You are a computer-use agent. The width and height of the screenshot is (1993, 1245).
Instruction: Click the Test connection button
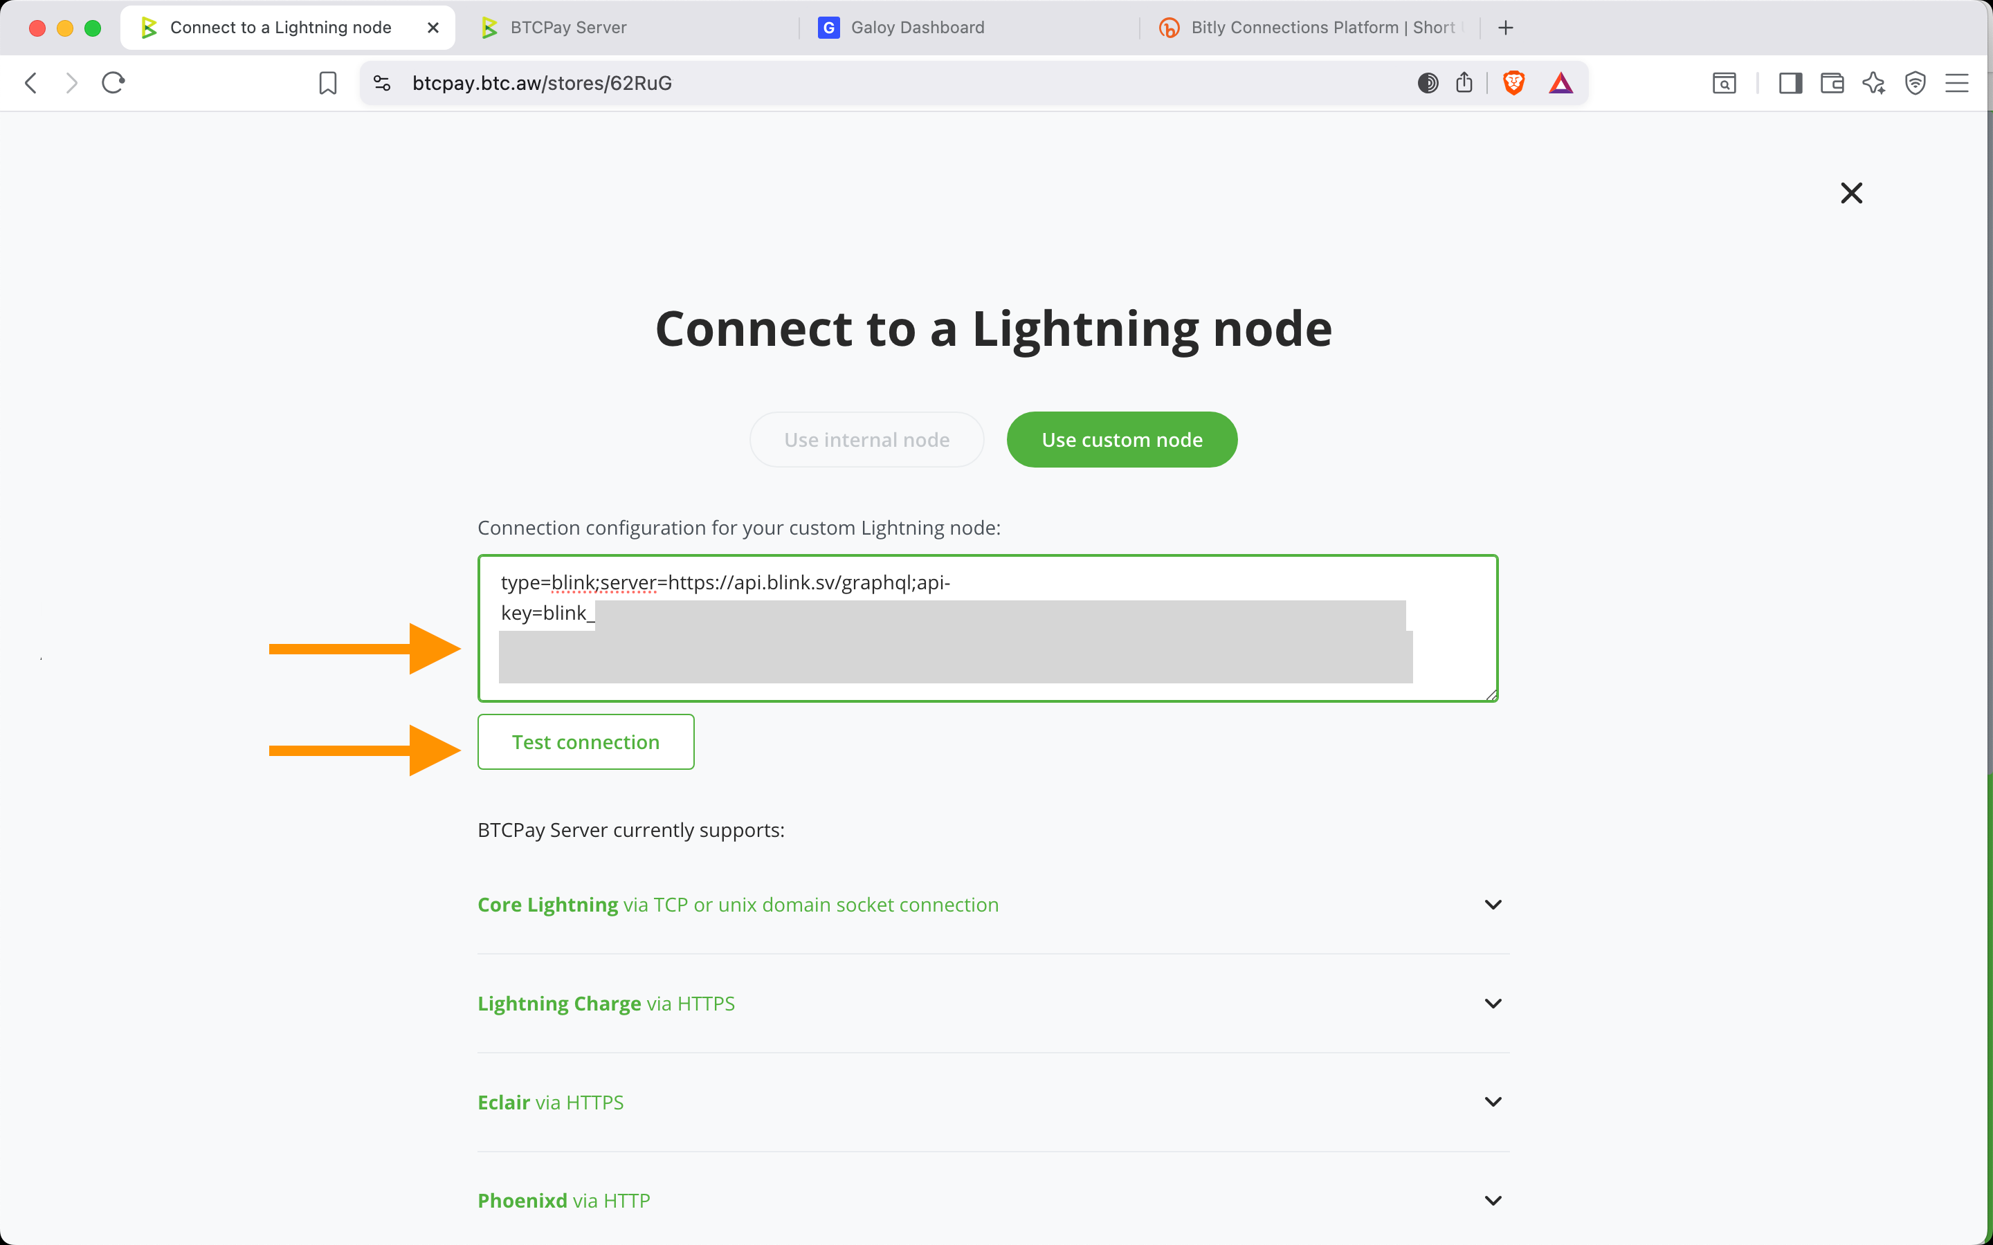coord(585,742)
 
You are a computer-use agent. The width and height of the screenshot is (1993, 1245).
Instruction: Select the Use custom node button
coord(1122,440)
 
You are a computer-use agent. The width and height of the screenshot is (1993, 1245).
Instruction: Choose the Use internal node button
coord(866,440)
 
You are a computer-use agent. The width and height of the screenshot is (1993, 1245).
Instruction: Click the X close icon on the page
coord(1851,194)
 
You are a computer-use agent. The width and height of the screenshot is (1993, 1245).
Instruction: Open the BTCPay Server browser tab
coord(568,28)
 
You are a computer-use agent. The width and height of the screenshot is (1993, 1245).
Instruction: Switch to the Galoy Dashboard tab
coord(917,28)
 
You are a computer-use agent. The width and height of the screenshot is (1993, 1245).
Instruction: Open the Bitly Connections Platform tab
coord(1322,28)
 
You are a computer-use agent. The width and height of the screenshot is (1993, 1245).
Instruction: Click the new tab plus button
coord(1505,28)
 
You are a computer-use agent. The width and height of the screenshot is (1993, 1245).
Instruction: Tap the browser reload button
coord(113,83)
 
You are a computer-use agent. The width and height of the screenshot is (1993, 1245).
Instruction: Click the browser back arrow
coord(31,83)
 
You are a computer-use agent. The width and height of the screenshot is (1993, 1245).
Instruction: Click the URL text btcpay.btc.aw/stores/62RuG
coord(542,83)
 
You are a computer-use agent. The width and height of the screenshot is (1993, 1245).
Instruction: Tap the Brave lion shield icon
coord(1513,83)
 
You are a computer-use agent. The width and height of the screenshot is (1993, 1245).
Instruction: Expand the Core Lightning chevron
coord(1492,905)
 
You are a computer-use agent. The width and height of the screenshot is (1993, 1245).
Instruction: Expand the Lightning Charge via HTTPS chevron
coord(1492,1004)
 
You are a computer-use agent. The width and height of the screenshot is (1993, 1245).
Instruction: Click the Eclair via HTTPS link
coord(550,1103)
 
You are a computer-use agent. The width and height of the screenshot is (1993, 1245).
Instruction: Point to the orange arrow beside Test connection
coord(364,750)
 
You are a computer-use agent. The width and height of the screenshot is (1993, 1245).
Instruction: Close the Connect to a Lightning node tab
coord(433,28)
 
